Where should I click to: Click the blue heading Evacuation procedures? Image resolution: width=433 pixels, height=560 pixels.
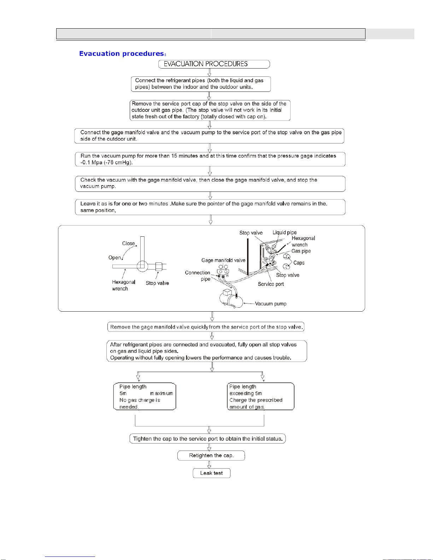[x=122, y=54]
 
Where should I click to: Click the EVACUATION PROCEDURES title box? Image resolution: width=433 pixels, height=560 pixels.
[x=214, y=64]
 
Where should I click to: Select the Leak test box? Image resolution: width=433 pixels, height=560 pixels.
[x=211, y=473]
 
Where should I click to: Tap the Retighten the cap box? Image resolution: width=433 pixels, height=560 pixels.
[x=211, y=455]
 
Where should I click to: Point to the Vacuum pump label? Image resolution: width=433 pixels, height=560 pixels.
[x=270, y=304]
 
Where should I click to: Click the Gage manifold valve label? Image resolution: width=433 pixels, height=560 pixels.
[x=223, y=260]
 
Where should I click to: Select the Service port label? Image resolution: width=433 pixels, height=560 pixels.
[x=271, y=284]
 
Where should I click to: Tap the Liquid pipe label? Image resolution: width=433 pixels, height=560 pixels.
[x=285, y=232]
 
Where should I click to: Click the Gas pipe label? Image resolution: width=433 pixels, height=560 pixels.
[x=301, y=251]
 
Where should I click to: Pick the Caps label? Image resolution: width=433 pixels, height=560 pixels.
[x=299, y=263]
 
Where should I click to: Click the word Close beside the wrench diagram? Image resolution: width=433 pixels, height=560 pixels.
[x=128, y=243]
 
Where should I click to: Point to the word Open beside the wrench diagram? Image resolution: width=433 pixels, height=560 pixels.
[x=115, y=258]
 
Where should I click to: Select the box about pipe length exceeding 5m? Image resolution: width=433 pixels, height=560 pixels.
[x=261, y=396]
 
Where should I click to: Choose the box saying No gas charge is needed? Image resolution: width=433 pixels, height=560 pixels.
[x=145, y=396]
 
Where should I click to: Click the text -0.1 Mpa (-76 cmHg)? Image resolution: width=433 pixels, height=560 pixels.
[x=106, y=163]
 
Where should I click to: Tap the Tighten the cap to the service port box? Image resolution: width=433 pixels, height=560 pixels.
[x=207, y=439]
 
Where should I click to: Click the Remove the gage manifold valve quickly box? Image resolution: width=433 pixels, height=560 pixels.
[x=206, y=327]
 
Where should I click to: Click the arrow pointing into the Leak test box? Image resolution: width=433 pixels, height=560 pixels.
[x=209, y=464]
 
